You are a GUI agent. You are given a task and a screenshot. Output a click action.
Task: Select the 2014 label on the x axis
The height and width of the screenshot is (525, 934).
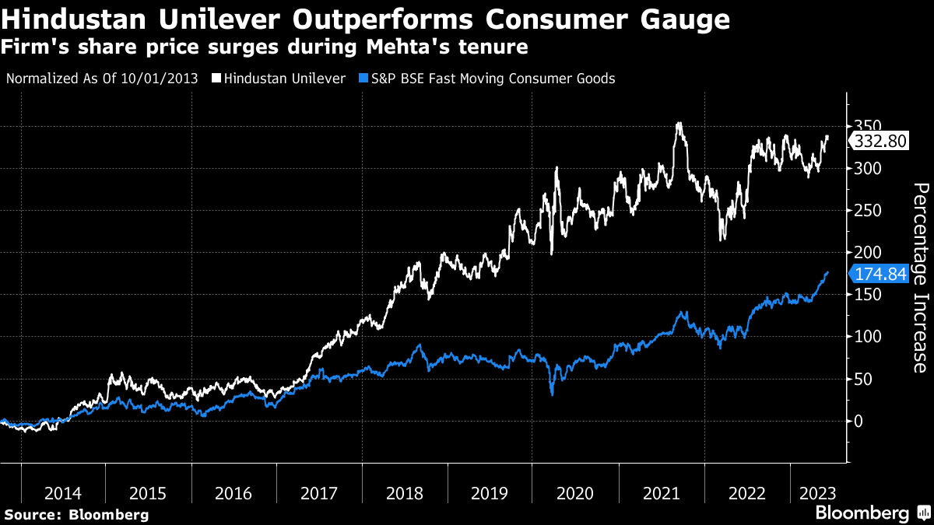pos(63,493)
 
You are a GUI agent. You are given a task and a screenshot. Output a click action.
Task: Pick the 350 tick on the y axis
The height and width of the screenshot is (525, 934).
pos(866,127)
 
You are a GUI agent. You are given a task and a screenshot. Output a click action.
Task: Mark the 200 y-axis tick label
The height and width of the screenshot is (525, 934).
pos(866,253)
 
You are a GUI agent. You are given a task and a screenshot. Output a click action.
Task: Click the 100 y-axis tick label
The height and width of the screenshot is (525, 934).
pos(866,337)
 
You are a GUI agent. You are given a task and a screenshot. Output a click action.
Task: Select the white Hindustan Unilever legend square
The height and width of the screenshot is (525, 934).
pos(214,79)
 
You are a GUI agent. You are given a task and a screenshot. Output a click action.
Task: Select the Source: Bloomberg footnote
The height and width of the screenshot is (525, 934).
pos(76,514)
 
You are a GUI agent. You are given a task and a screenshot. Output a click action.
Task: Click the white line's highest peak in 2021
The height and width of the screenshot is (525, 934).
pos(679,123)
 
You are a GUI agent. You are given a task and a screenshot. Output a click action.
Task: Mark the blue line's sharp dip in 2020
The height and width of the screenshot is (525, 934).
pos(552,394)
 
